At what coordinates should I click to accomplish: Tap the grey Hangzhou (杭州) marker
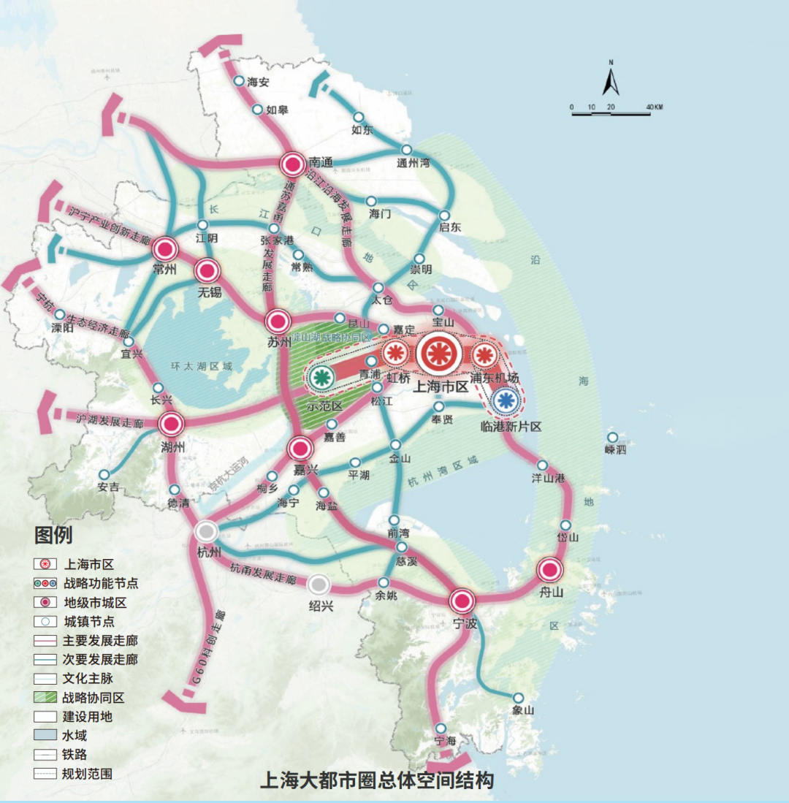pyautogui.click(x=207, y=532)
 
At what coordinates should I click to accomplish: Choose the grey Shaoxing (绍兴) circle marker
pyautogui.click(x=318, y=584)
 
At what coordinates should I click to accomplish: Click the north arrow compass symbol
pyautogui.click(x=611, y=79)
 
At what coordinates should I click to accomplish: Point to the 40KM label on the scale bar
pyautogui.click(x=653, y=107)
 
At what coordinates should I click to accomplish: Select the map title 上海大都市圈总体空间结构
pyautogui.click(x=377, y=780)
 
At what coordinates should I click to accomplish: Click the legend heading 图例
pyautogui.click(x=53, y=536)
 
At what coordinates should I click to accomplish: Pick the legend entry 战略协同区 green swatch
pyautogui.click(x=45, y=697)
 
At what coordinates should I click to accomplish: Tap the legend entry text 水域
pyautogui.click(x=75, y=735)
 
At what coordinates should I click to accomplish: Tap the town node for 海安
pyautogui.click(x=239, y=81)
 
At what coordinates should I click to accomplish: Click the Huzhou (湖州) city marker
pyautogui.click(x=172, y=423)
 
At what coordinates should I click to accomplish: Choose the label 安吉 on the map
pyautogui.click(x=108, y=487)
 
